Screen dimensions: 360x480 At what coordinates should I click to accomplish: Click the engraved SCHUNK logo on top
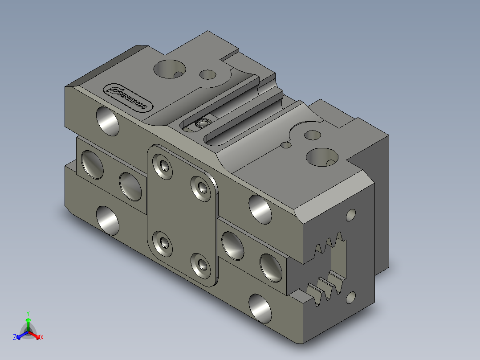click(128, 98)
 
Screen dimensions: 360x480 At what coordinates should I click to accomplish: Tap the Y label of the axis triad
click(28, 313)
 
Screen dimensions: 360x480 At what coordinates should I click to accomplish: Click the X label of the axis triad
click(42, 337)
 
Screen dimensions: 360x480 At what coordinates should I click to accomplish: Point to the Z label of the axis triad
click(15, 337)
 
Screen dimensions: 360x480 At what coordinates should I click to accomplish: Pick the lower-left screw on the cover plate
click(163, 243)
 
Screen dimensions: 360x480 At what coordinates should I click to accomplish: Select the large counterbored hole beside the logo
click(168, 69)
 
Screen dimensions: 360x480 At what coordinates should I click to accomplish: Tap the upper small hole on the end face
click(351, 216)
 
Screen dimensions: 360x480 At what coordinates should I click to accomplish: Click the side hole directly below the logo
click(108, 121)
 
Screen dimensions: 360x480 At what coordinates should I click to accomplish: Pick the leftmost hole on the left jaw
click(92, 164)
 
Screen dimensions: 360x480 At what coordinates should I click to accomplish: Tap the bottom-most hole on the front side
click(260, 308)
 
